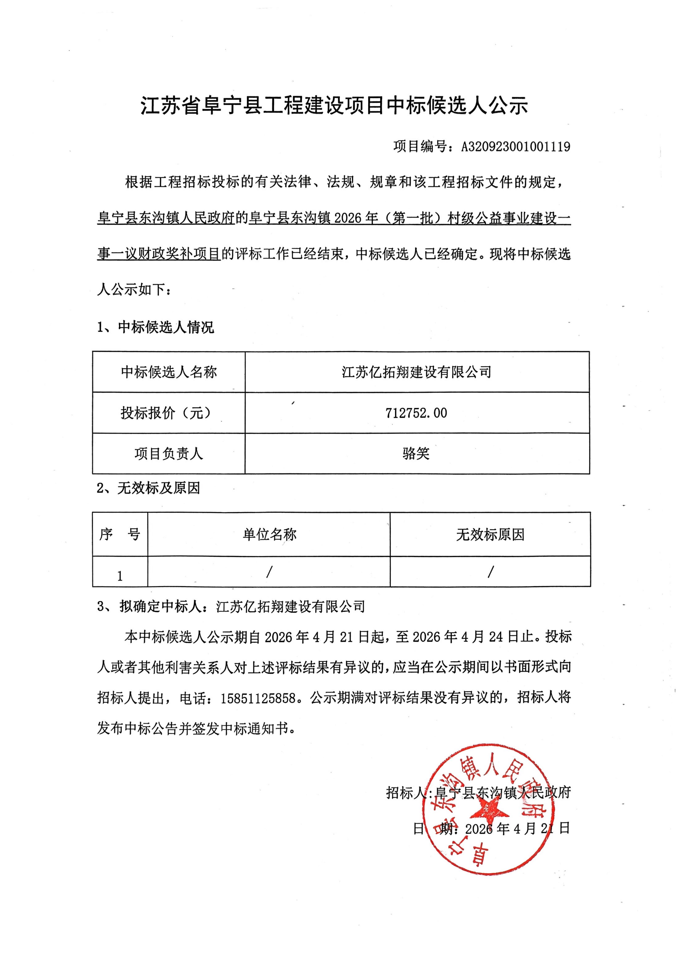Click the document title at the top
coord(334,106)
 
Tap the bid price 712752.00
coord(416,413)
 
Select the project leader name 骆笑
coord(416,453)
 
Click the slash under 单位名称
coord(269,571)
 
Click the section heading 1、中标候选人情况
coord(156,327)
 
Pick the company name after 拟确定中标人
coord(290,607)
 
